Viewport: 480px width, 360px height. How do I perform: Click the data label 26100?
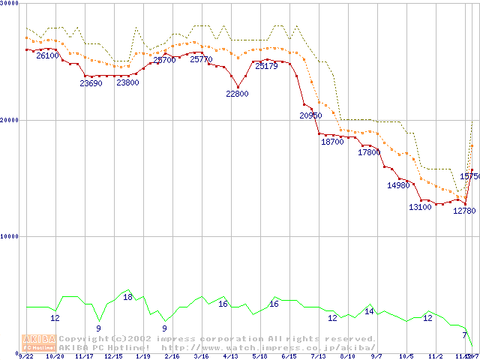pyautogui.click(x=47, y=56)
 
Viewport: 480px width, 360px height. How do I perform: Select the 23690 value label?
pyautogui.click(x=91, y=83)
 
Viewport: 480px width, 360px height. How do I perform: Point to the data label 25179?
pyautogui.click(x=266, y=67)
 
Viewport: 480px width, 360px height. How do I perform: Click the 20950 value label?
pyautogui.click(x=310, y=115)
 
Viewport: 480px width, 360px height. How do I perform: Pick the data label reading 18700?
pyautogui.click(x=331, y=142)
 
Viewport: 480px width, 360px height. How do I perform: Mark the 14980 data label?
pyautogui.click(x=398, y=185)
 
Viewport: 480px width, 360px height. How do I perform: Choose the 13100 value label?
pyautogui.click(x=420, y=207)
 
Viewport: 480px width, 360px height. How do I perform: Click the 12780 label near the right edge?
pyautogui.click(x=464, y=211)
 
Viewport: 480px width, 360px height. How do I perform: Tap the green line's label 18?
pyautogui.click(x=127, y=298)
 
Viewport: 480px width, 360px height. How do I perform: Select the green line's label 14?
pyautogui.click(x=369, y=311)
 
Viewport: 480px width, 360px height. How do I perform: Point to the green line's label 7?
pyautogui.click(x=464, y=335)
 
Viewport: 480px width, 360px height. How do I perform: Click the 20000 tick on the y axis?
pyautogui.click(x=9, y=120)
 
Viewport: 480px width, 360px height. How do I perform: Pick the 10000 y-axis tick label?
pyautogui.click(x=9, y=236)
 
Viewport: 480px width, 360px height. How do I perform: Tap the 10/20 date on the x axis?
pyautogui.click(x=55, y=357)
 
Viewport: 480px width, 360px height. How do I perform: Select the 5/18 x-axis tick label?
pyautogui.click(x=259, y=357)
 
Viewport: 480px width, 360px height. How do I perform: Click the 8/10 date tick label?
pyautogui.click(x=346, y=357)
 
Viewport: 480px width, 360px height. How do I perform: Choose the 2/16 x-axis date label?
pyautogui.click(x=172, y=357)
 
